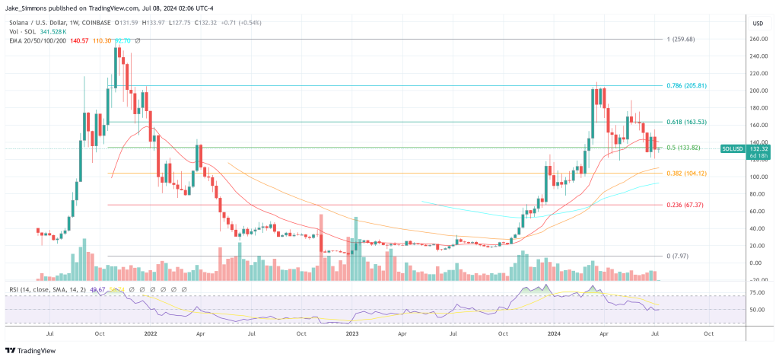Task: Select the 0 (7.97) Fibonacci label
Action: (676, 256)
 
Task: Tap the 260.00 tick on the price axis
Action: (758, 39)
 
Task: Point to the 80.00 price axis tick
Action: (756, 194)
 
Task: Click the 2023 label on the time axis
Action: (351, 333)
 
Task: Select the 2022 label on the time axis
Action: (150, 333)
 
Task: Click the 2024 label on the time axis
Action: (553, 333)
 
